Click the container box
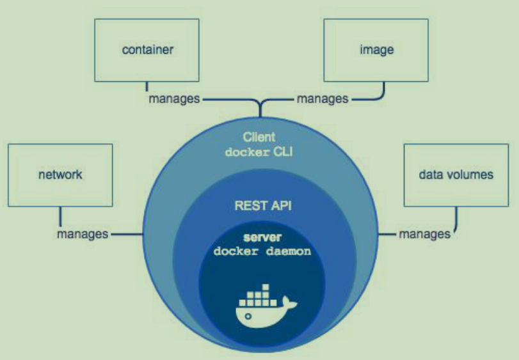click(148, 50)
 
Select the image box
click(376, 50)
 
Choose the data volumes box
click(456, 175)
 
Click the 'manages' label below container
click(173, 99)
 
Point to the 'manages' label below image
click(323, 99)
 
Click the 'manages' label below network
click(82, 234)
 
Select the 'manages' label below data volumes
click(424, 234)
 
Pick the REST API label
click(260, 207)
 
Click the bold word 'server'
click(262, 237)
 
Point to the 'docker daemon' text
click(262, 251)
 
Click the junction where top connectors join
click(260, 102)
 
